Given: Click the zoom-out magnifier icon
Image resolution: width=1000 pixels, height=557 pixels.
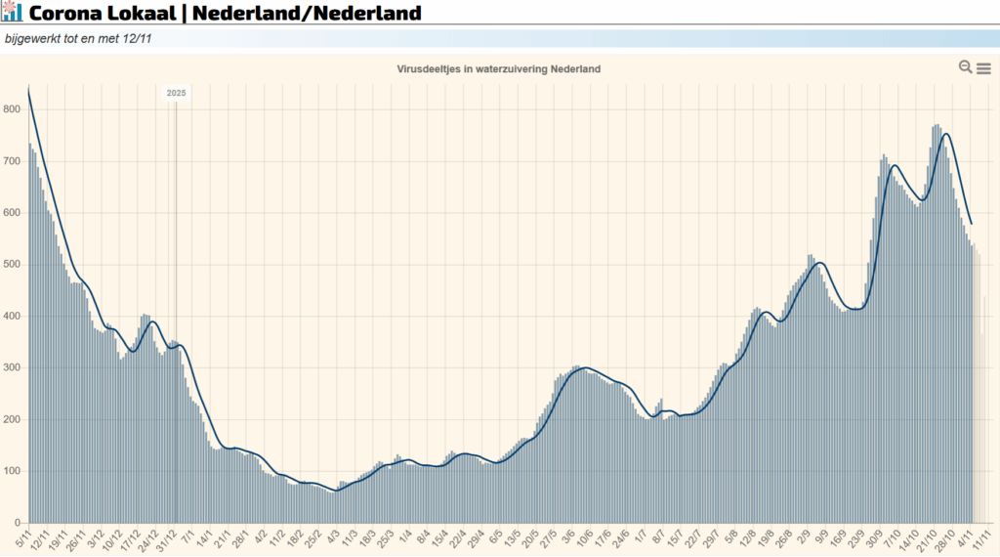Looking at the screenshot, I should click(x=965, y=67).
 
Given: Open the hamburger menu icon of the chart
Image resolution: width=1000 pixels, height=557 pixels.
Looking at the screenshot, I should click(x=983, y=68).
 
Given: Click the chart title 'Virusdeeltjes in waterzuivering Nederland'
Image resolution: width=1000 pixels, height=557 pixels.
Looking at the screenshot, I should click(x=499, y=69).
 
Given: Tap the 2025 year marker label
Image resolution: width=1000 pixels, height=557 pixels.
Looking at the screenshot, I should click(x=176, y=93).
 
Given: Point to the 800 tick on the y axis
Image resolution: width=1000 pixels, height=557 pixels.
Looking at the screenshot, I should click(x=12, y=109).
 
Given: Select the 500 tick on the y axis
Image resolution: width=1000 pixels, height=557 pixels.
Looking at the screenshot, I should click(x=12, y=265).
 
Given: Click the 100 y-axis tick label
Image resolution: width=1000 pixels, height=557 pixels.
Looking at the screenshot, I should click(x=12, y=471).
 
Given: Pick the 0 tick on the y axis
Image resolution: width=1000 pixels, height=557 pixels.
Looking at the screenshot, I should click(x=17, y=523).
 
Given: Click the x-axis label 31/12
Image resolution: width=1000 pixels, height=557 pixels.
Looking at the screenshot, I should click(x=167, y=538).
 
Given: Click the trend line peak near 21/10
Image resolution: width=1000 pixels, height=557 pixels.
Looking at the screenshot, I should click(x=944, y=134).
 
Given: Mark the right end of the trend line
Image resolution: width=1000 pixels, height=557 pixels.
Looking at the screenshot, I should click(x=972, y=224).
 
